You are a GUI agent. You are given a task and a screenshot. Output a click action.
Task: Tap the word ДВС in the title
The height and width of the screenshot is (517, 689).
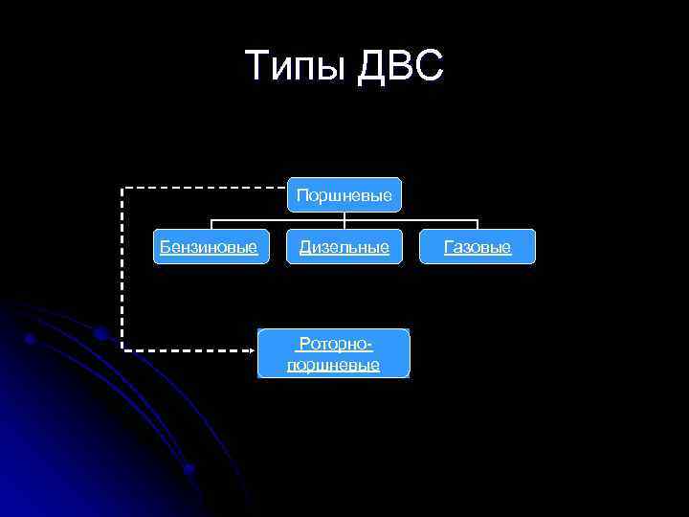coord(401,67)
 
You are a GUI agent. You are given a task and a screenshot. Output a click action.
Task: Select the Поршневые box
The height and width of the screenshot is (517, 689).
coord(344,195)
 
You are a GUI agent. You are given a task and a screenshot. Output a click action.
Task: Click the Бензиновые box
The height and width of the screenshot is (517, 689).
coord(209,247)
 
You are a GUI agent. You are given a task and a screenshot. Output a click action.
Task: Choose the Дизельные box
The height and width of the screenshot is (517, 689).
coord(344,247)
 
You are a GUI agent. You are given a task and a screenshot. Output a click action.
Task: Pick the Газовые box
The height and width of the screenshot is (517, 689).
coord(478,247)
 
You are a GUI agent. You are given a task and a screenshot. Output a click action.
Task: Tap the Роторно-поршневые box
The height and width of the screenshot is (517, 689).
coord(333,353)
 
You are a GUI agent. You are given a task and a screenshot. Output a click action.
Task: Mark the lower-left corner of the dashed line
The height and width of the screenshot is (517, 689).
coord(122,351)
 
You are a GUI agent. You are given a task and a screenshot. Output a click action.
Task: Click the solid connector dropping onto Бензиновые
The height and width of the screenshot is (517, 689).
coord(211,225)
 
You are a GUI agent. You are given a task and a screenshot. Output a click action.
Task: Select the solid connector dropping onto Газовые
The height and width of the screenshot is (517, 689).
coord(477,225)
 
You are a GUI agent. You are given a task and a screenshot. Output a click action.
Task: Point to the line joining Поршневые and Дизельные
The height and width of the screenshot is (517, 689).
coord(344,221)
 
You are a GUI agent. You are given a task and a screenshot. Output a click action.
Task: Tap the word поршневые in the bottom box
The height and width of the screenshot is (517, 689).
coord(333,365)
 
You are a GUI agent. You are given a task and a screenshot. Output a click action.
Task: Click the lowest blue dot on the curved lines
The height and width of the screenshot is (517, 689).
coord(189,469)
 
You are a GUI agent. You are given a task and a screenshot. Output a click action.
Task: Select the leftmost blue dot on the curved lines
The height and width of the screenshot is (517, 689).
coord(31,339)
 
